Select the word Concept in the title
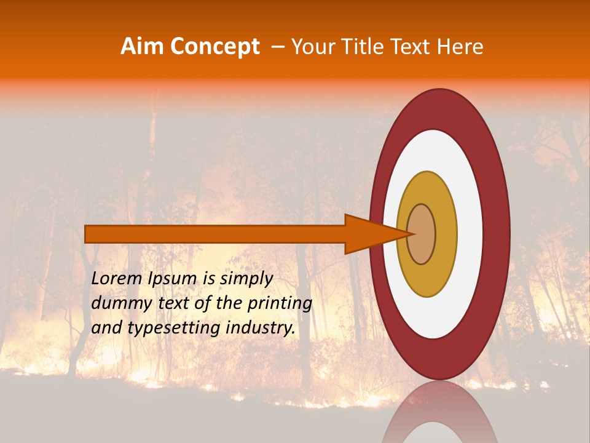coord(214,47)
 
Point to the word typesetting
coord(173,328)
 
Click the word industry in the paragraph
coord(261,328)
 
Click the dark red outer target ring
coord(498,234)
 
